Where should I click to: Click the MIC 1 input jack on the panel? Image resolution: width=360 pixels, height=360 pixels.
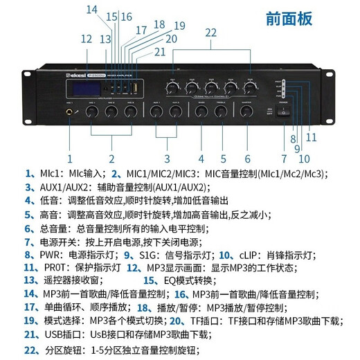point(70,111)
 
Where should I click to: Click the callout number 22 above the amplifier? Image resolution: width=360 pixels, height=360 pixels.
point(210,32)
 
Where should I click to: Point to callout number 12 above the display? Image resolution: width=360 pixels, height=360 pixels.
point(86,39)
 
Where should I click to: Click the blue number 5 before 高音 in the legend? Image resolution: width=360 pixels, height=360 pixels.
point(27,214)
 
